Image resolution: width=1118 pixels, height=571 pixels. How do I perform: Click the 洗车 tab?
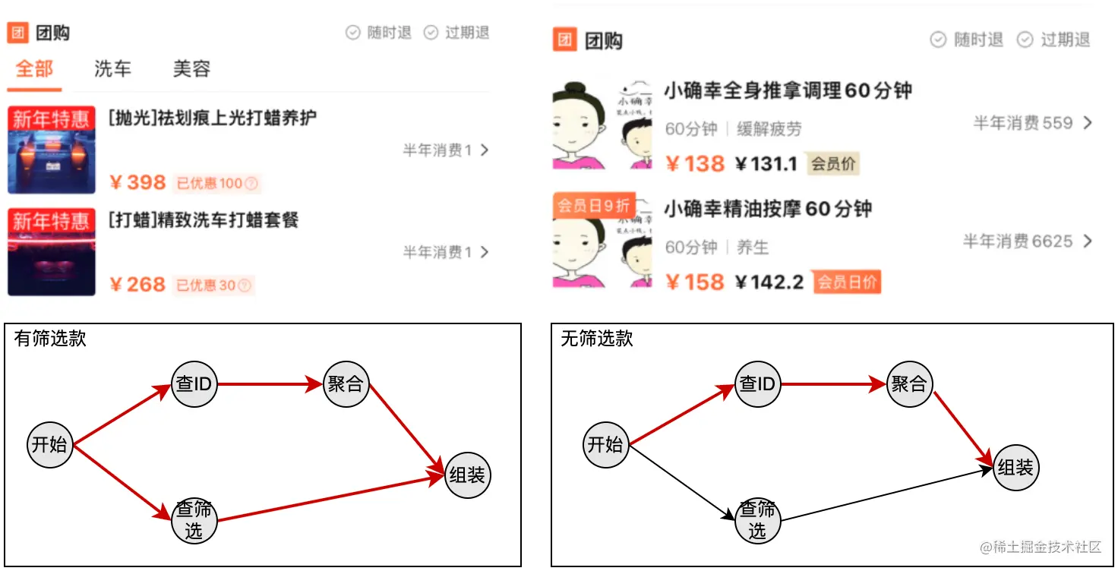(x=112, y=69)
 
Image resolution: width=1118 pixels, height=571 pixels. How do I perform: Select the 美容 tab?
(x=191, y=69)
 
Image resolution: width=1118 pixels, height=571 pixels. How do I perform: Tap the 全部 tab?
(x=34, y=69)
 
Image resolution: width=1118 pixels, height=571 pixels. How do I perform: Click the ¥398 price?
(x=137, y=182)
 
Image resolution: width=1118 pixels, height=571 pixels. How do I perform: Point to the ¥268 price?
(x=137, y=285)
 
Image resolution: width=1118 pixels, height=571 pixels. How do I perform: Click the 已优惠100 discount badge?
(x=216, y=183)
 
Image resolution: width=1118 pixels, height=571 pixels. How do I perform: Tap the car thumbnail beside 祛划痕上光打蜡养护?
(x=51, y=150)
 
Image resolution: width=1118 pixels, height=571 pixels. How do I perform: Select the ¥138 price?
(x=695, y=163)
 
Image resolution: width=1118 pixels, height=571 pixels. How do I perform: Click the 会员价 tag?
(x=833, y=163)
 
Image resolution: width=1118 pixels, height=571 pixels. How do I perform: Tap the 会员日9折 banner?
(x=593, y=205)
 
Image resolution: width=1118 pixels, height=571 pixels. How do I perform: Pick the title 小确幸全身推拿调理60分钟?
(x=788, y=91)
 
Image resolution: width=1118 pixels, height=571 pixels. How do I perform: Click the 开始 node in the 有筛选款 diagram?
(x=49, y=444)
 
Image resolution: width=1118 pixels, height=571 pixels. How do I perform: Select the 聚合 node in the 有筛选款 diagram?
(x=346, y=384)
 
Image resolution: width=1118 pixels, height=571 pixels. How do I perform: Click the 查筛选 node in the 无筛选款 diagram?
(x=758, y=520)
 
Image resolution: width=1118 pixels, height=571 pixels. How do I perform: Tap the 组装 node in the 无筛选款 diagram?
(x=1015, y=468)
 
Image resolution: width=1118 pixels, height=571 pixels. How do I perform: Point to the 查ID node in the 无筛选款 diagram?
(x=758, y=384)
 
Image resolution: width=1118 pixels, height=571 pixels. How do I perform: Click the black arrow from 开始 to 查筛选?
(x=684, y=482)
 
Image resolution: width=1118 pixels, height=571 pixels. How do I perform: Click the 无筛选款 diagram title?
(x=596, y=339)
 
